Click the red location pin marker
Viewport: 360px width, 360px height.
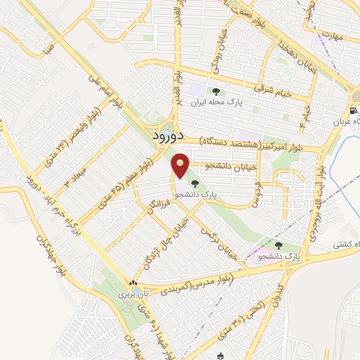(x=181, y=166)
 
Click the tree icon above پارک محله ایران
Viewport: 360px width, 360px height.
(x=217, y=91)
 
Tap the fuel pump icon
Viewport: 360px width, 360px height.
(x=352, y=111)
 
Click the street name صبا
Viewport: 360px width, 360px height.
(x=47, y=50)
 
